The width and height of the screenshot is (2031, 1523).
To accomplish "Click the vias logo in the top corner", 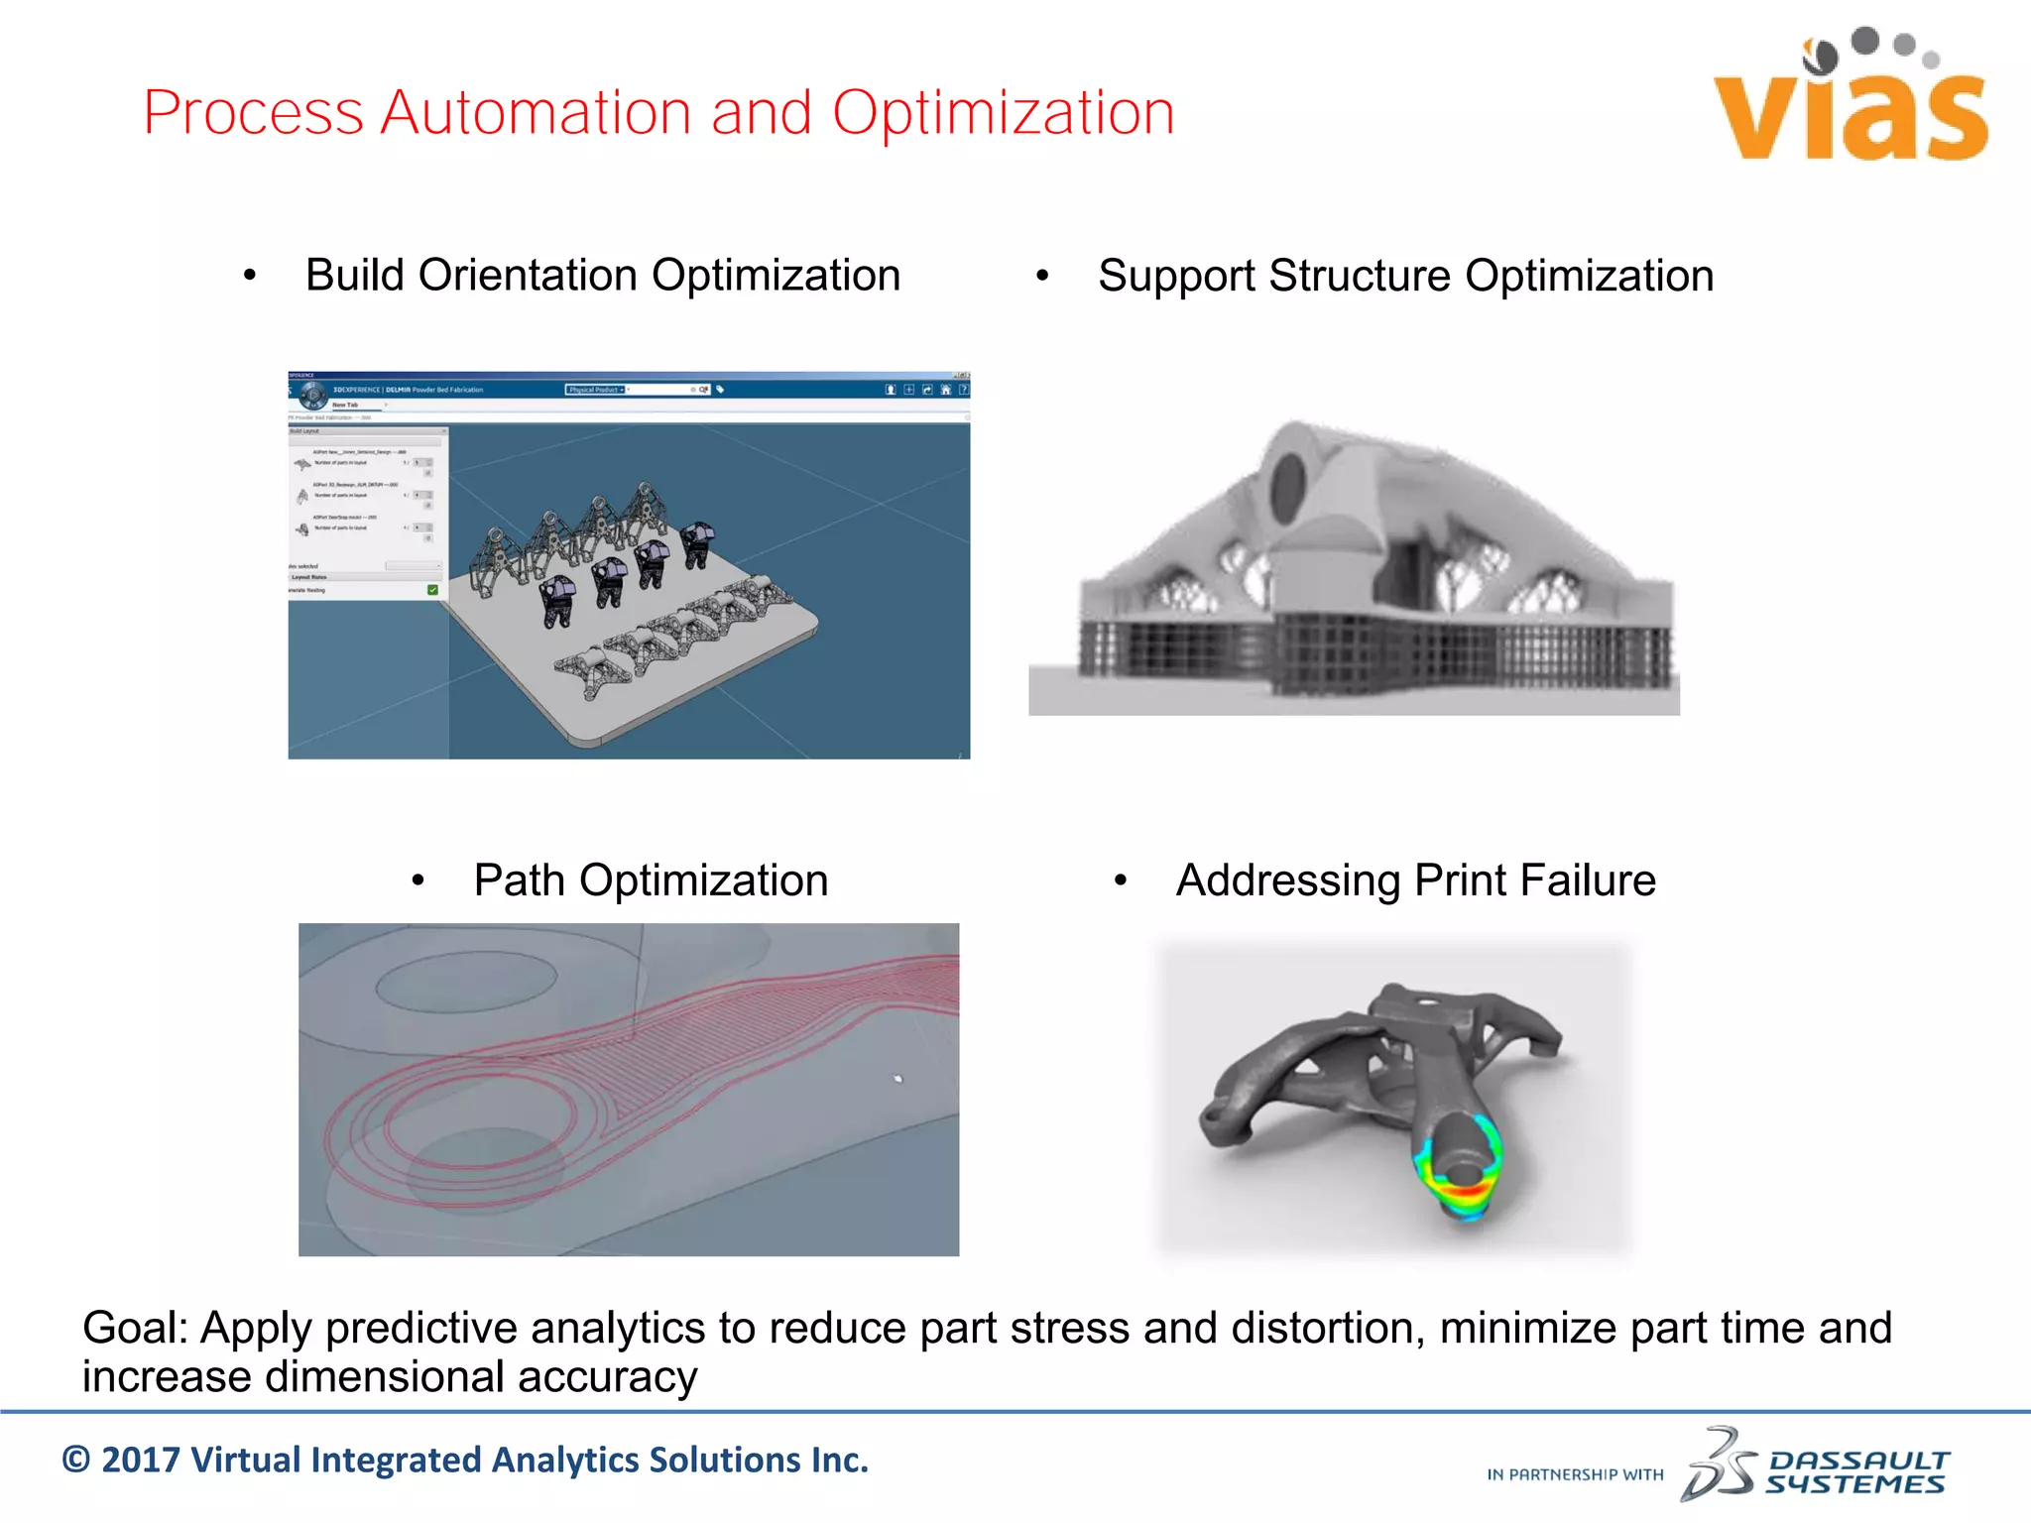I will (1851, 99).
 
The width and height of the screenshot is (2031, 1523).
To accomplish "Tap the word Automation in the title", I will (536, 113).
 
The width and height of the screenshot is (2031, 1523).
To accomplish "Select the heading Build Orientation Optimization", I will (602, 276).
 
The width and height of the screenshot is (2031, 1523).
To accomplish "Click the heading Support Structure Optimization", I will (1405, 276).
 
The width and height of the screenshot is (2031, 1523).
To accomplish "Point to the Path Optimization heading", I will (651, 880).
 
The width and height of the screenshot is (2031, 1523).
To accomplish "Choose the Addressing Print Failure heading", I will (1415, 880).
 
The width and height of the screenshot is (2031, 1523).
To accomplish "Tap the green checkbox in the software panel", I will (432, 590).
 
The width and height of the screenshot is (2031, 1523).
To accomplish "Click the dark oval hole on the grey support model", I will (1288, 480).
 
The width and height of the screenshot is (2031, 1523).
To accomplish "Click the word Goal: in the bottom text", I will (135, 1329).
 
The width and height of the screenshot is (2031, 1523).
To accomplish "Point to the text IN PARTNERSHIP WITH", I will (1575, 1475).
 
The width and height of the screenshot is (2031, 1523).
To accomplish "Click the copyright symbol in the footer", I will (76, 1461).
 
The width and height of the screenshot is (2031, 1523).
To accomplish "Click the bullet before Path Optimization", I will (418, 880).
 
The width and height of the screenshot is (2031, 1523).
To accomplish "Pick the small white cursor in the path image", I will (898, 1079).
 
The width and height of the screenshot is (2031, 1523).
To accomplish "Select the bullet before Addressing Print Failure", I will (1121, 880).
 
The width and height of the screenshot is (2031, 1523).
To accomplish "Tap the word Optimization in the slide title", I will (1003, 113).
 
